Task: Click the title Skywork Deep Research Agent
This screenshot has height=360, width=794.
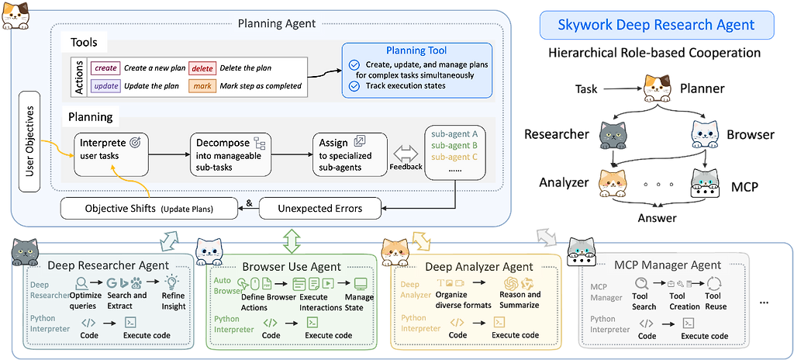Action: (656, 25)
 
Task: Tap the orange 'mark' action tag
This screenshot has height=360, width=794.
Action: (202, 85)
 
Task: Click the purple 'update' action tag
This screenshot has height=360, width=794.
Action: (105, 85)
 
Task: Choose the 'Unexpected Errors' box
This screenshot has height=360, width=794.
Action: (320, 208)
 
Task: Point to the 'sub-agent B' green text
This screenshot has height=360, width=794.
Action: (454, 145)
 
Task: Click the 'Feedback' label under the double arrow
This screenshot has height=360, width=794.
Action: (406, 166)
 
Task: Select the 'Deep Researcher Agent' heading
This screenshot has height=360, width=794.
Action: (108, 265)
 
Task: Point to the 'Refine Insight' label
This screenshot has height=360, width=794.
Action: (174, 301)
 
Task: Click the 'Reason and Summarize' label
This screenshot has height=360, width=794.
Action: (520, 299)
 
